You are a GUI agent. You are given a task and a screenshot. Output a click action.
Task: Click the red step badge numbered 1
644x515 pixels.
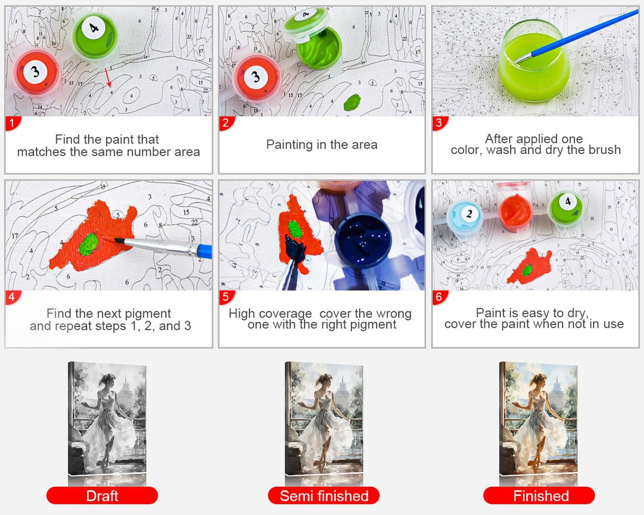[x=13, y=123]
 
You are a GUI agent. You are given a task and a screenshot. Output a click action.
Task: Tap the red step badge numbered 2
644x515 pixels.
[x=226, y=123]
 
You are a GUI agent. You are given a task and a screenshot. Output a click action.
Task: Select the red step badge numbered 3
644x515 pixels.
[x=440, y=123]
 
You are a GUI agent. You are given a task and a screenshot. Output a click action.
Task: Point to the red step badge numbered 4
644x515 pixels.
[x=13, y=297]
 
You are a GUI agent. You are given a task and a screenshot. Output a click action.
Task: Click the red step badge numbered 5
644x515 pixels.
[x=226, y=297]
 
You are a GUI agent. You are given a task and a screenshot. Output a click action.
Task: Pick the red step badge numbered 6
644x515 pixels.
[x=440, y=297]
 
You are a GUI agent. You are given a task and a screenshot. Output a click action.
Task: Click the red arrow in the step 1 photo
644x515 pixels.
[x=108, y=78]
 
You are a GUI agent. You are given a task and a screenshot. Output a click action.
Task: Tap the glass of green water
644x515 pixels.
[x=534, y=61]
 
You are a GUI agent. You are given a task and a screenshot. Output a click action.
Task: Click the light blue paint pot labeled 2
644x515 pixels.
[x=465, y=216]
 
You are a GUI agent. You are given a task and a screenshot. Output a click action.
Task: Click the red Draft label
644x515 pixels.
[x=102, y=495]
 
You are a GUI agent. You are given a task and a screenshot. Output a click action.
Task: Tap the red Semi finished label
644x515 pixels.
[x=324, y=495]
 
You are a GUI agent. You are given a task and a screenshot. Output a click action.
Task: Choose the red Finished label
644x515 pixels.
[x=539, y=495]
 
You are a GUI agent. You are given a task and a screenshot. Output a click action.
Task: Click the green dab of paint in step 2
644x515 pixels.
[x=352, y=102]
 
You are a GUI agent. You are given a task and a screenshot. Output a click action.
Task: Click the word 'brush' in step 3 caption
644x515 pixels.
[x=605, y=150]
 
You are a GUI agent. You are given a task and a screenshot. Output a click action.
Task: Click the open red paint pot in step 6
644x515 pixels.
[x=515, y=212]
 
